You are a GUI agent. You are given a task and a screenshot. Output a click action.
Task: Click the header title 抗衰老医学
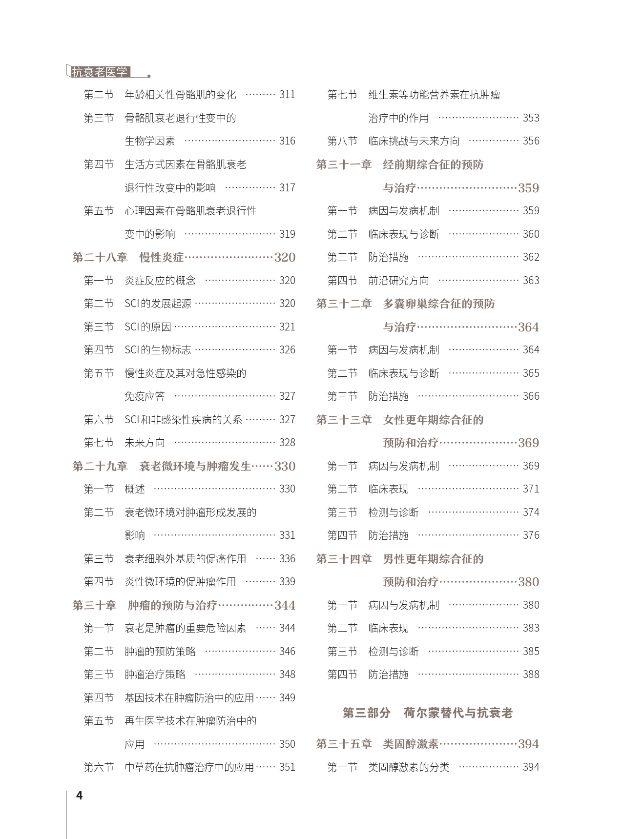99,72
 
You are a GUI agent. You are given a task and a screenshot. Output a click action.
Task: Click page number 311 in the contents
287,95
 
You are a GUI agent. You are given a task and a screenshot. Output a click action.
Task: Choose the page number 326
287,350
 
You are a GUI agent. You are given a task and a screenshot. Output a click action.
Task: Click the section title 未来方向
145,443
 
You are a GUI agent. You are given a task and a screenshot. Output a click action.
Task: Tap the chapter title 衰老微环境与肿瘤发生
195,466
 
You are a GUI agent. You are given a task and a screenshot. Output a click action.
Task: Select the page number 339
287,582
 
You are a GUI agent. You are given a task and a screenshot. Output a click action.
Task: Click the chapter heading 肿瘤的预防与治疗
172,605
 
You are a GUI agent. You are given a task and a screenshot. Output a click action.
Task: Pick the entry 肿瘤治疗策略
155,675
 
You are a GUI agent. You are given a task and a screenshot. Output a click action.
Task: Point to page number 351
287,767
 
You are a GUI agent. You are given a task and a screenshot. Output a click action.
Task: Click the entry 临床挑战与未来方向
414,141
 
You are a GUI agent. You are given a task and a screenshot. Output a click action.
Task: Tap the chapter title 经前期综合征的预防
433,164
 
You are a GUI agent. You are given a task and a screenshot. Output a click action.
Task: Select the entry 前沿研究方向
398,281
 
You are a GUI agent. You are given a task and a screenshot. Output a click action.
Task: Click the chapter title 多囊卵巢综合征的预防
438,304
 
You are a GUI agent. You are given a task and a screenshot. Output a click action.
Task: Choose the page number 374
531,512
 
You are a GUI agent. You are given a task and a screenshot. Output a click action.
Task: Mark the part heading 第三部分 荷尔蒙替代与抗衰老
427,713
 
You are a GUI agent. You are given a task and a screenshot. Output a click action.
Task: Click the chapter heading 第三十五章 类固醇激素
378,744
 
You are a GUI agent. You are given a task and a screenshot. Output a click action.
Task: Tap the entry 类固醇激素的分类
409,767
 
